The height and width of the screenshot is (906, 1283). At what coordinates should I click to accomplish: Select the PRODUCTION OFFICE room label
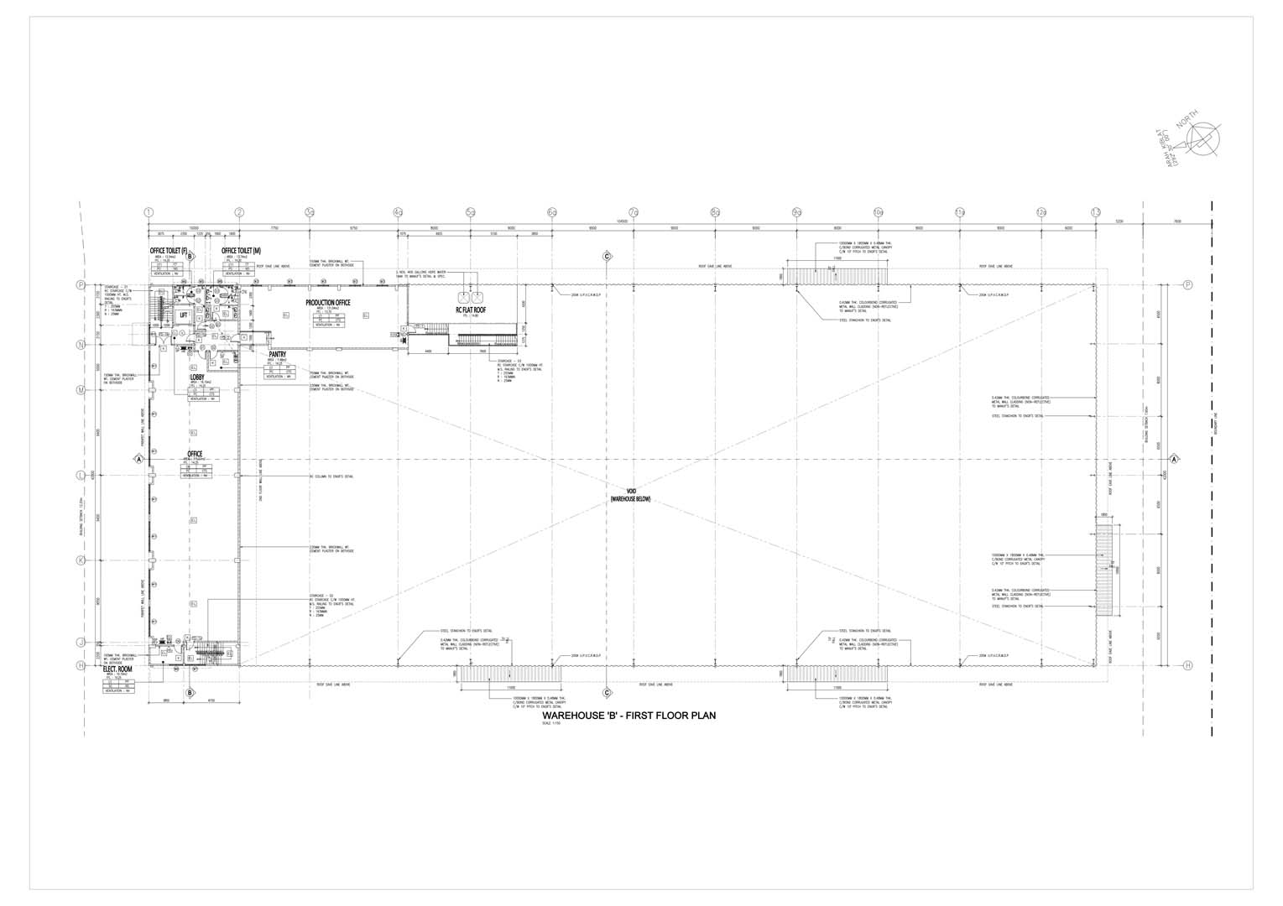point(329,303)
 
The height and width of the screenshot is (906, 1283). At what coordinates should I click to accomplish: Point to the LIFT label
point(184,315)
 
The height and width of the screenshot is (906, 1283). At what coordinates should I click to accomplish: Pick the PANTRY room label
point(279,355)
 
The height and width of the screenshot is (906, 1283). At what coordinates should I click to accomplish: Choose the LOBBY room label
point(198,377)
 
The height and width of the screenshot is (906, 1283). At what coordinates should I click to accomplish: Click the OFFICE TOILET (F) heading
point(169,251)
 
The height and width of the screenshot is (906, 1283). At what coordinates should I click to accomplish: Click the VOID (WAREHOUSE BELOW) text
point(630,495)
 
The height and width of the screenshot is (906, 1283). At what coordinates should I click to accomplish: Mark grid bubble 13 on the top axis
point(1096,212)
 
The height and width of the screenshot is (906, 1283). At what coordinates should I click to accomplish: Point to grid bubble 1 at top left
point(149,212)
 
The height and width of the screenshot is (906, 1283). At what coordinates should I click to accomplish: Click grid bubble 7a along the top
point(634,212)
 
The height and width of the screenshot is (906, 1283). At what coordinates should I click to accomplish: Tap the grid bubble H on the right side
point(1187,665)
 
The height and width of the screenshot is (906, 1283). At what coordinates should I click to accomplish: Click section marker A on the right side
point(1175,459)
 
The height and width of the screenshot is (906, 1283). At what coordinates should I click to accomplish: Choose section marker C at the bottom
point(606,693)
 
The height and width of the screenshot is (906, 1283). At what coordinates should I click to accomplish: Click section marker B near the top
point(190,257)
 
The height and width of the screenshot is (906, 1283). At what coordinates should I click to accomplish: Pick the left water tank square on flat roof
point(462,297)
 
